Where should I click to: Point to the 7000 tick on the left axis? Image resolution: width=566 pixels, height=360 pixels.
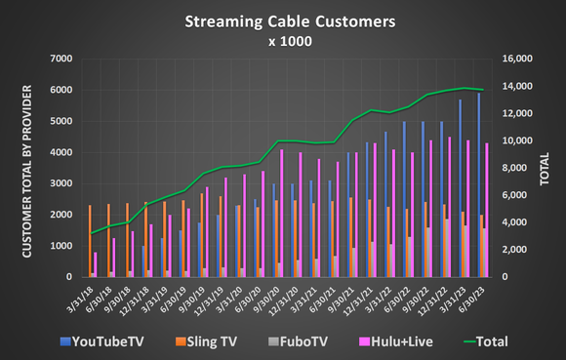coord(60,59)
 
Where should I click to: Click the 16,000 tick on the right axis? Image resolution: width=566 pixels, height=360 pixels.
coord(514,59)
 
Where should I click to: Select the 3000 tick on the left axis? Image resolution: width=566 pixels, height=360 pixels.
coord(60,183)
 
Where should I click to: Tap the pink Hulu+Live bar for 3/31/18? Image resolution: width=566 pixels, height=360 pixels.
coord(96,264)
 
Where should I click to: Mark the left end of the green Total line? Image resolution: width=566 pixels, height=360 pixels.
coord(91,233)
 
